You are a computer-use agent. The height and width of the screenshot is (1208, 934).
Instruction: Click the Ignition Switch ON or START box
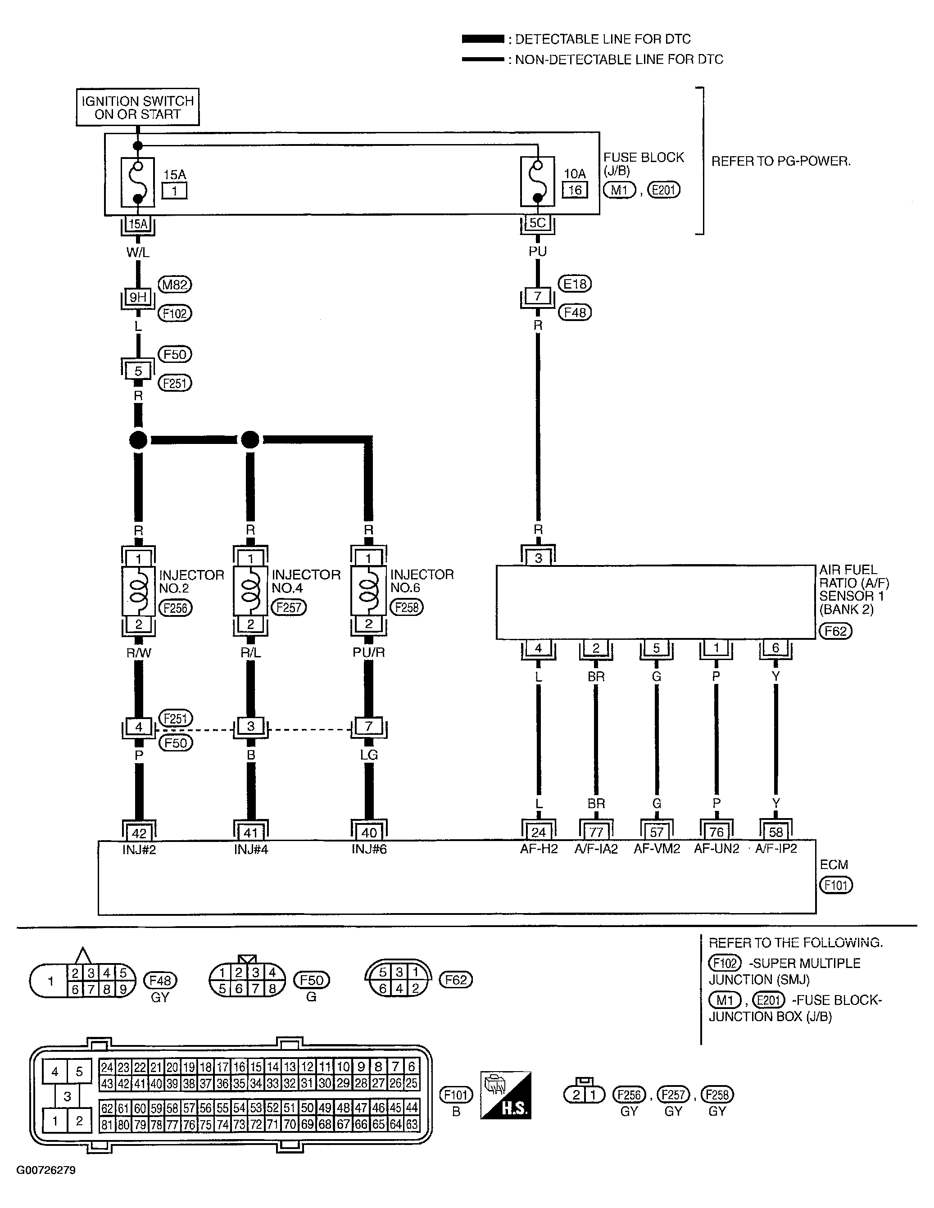137,107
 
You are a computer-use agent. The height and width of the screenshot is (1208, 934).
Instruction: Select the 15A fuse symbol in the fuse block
138,181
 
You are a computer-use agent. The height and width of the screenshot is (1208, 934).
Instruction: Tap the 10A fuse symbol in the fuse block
537,181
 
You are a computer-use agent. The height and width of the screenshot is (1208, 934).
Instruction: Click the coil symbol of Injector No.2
138,591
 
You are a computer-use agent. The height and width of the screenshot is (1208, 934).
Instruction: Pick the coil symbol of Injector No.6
368,591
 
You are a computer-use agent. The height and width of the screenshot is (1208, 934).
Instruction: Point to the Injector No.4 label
306,581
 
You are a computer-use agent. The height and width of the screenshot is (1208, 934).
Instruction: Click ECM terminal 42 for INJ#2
139,833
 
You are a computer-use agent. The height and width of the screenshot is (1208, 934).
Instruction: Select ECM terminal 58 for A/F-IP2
776,832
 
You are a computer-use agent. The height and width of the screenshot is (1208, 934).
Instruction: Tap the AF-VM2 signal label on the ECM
657,849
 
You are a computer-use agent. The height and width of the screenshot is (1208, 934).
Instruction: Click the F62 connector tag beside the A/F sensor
835,631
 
